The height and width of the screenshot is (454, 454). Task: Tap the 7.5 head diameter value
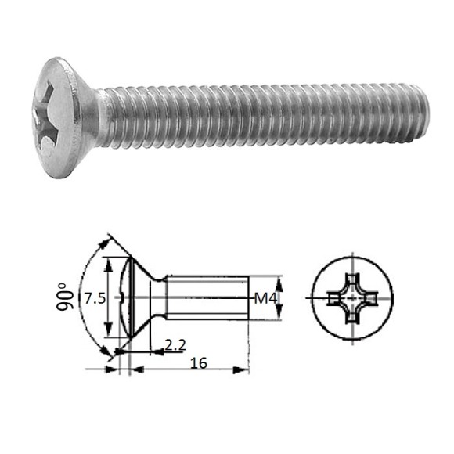click(95, 298)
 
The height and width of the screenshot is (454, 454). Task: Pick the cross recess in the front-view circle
click(352, 299)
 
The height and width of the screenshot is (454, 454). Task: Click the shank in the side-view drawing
click(207, 297)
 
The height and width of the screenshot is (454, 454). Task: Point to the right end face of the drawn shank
click(248, 297)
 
